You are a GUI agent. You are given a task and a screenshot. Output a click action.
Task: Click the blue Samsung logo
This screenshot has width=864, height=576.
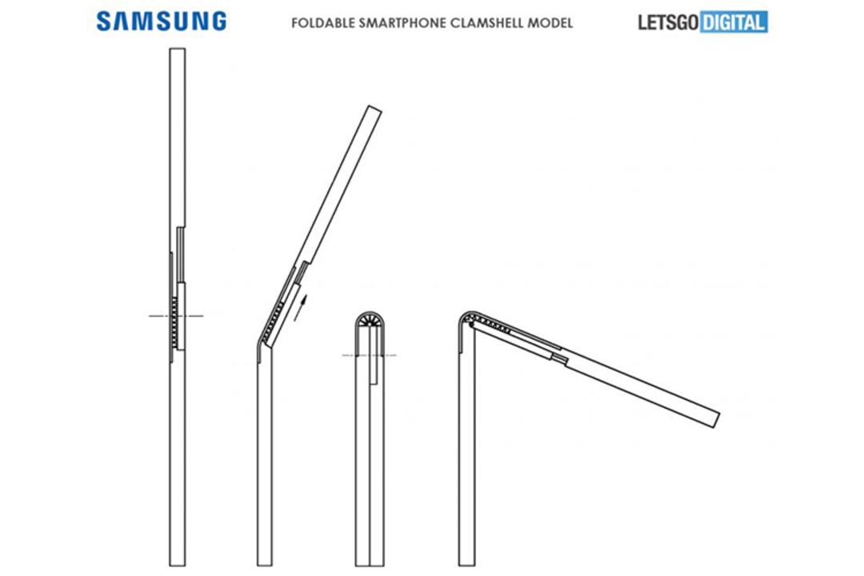pyautogui.click(x=162, y=22)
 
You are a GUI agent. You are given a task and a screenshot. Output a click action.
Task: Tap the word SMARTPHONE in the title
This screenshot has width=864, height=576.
pyautogui.click(x=402, y=23)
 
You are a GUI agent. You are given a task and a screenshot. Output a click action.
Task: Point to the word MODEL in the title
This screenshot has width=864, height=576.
pyautogui.click(x=550, y=23)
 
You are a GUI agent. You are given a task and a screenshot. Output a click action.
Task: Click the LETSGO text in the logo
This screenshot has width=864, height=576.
pyautogui.click(x=668, y=22)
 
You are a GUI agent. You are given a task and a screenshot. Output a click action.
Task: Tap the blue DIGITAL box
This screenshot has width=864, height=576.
pyautogui.click(x=734, y=22)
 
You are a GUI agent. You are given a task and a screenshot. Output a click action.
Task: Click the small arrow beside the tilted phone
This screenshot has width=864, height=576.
pyautogui.click(x=300, y=307)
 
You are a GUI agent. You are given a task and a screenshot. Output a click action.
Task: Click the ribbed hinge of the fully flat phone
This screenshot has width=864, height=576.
pyautogui.click(x=175, y=322)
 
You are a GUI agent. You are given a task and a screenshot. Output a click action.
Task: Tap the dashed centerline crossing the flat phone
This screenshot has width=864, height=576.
pyautogui.click(x=176, y=316)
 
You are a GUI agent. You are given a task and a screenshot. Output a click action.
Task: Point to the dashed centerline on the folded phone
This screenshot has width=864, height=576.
pyautogui.click(x=369, y=355)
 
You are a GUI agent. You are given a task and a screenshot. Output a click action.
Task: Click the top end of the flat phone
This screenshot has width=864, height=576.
pyautogui.click(x=178, y=49)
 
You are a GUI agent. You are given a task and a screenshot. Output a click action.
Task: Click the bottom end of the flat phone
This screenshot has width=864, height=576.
pyautogui.click(x=178, y=565)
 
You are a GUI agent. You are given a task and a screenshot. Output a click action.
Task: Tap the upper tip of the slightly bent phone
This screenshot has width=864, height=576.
pyautogui.click(x=374, y=109)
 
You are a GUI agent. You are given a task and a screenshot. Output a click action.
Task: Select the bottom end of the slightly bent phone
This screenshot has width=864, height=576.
pyautogui.click(x=265, y=565)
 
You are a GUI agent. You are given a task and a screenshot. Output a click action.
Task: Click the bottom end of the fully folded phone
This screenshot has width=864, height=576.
pyautogui.click(x=370, y=565)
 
